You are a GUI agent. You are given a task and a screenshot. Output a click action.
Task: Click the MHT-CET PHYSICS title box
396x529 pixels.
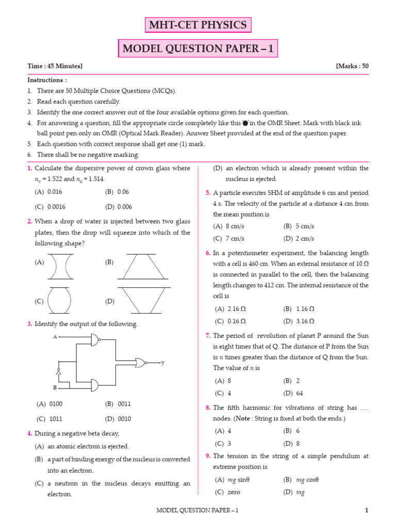click(x=198, y=25)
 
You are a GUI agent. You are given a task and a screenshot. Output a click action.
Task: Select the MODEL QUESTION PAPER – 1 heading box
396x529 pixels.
click(x=198, y=49)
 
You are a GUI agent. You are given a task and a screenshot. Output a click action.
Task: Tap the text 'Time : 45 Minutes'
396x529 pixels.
click(x=55, y=66)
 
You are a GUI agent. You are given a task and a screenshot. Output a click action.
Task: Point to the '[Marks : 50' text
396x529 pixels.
click(x=352, y=66)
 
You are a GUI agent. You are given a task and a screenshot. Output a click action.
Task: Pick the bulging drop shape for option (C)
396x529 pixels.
click(x=59, y=301)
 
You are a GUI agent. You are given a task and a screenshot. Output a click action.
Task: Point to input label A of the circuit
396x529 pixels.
click(x=55, y=337)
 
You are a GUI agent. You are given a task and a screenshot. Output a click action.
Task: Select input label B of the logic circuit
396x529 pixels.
click(x=55, y=387)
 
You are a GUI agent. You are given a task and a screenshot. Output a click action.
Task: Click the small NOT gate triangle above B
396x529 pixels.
click(x=59, y=371)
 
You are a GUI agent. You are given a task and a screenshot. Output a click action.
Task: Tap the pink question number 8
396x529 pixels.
click(x=208, y=408)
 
